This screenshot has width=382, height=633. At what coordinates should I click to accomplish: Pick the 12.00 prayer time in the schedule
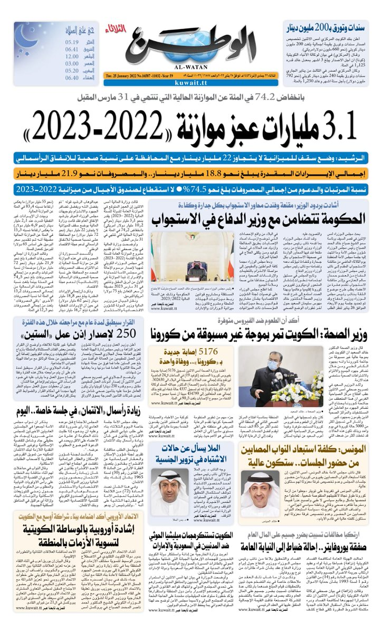tap(72, 59)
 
